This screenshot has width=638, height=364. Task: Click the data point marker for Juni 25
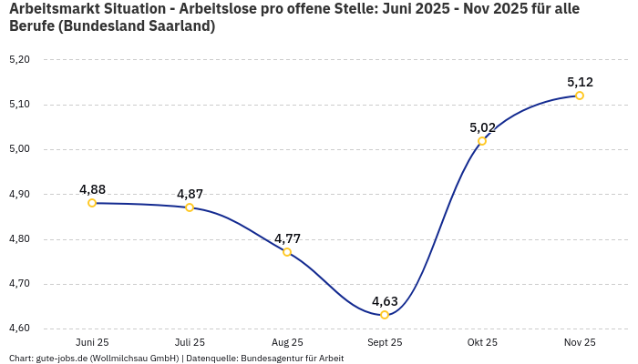point(92,203)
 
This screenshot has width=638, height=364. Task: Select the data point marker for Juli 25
point(190,207)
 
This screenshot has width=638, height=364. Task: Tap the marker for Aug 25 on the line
point(287,252)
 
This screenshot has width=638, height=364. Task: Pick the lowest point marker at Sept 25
point(385,315)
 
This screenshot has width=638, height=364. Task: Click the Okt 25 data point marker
point(482,141)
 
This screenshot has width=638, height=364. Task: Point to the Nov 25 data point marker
point(580,96)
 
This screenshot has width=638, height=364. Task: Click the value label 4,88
point(92,189)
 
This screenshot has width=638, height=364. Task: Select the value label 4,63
point(385,301)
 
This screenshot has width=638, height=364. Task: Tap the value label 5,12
point(580,82)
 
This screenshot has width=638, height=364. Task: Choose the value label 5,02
point(482,127)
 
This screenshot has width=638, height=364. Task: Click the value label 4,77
point(287,238)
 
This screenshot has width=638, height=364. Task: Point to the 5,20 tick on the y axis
point(19,60)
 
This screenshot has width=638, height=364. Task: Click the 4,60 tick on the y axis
point(19,329)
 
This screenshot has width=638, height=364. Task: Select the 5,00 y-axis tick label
point(19,149)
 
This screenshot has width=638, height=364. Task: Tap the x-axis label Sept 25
point(385,343)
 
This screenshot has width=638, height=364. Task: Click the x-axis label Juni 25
point(92,343)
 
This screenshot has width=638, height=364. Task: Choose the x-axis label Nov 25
point(580,343)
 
